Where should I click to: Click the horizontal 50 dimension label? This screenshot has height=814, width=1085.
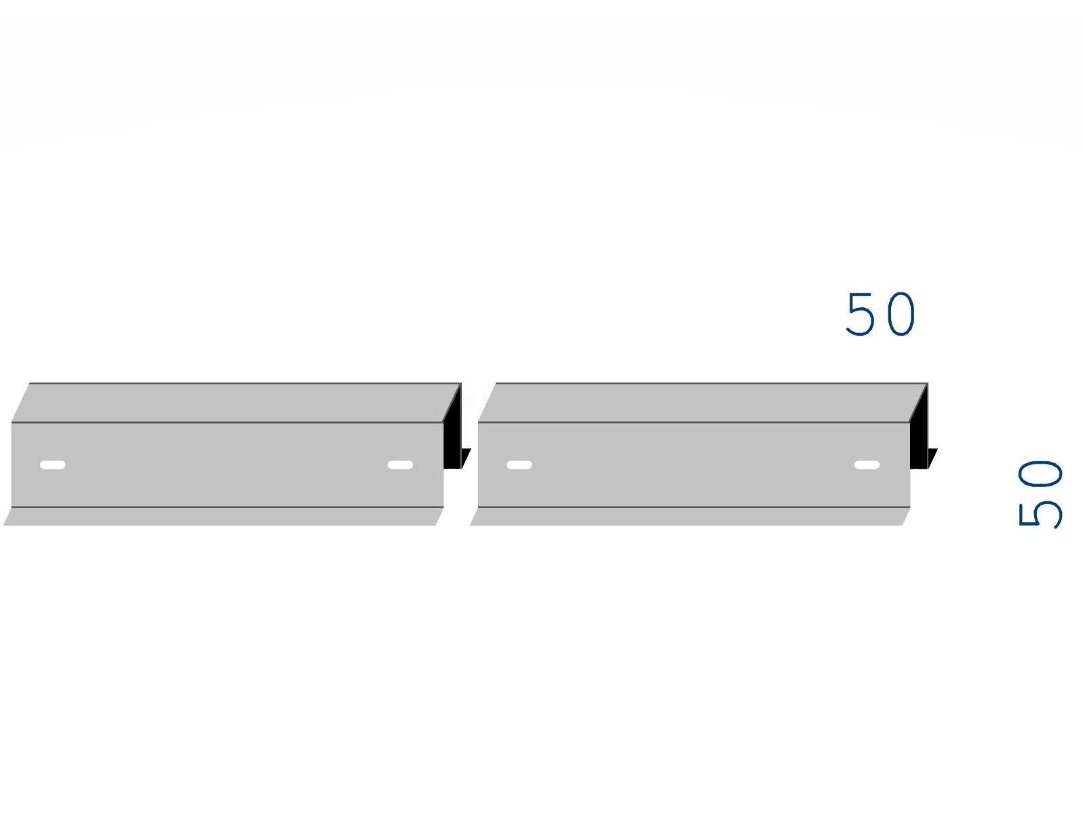coord(880,314)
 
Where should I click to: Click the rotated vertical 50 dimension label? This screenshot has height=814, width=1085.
coord(1040,494)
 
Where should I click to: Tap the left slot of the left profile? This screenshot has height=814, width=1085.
coord(53,465)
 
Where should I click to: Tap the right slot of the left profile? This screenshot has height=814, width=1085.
coord(400,465)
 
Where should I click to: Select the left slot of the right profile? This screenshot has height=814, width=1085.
coord(519,465)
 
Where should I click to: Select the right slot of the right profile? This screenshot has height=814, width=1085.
coord(867,465)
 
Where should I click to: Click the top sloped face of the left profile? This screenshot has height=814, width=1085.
coord(236,403)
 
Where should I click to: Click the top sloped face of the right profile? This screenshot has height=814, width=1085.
coord(703,403)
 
